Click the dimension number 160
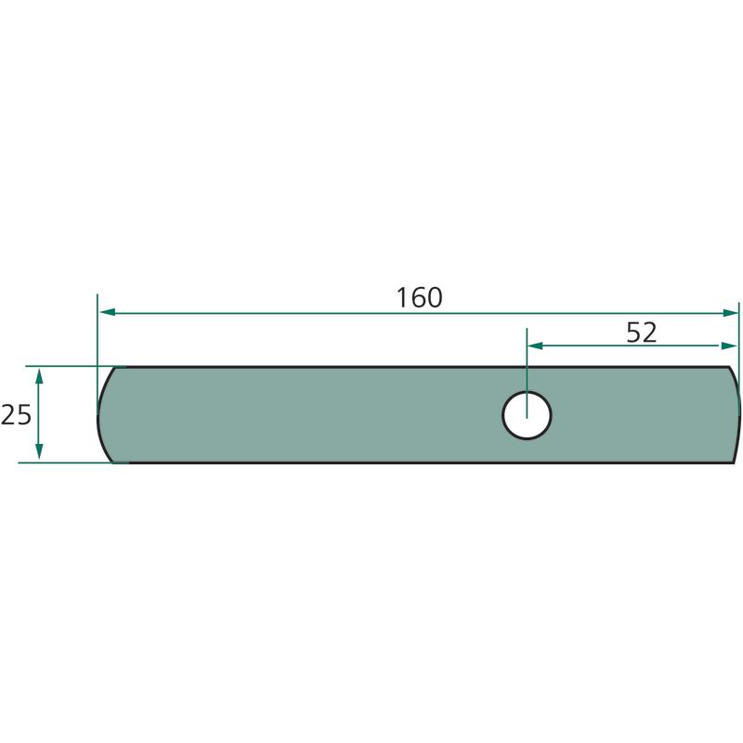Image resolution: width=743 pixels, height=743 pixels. (420, 297)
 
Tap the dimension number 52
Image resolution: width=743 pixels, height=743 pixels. (642, 332)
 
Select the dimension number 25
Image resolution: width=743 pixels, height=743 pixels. (16, 414)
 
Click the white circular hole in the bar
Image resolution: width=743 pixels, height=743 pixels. (527, 415)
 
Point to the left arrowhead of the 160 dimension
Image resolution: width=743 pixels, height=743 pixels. (108, 312)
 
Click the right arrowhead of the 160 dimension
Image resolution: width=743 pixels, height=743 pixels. (730, 312)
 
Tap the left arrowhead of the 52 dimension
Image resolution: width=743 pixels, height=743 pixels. (535, 345)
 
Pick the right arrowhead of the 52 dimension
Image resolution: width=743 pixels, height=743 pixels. (729, 345)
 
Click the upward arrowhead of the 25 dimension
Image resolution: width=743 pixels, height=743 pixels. (39, 376)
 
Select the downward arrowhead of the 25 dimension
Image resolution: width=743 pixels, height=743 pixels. (39, 451)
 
